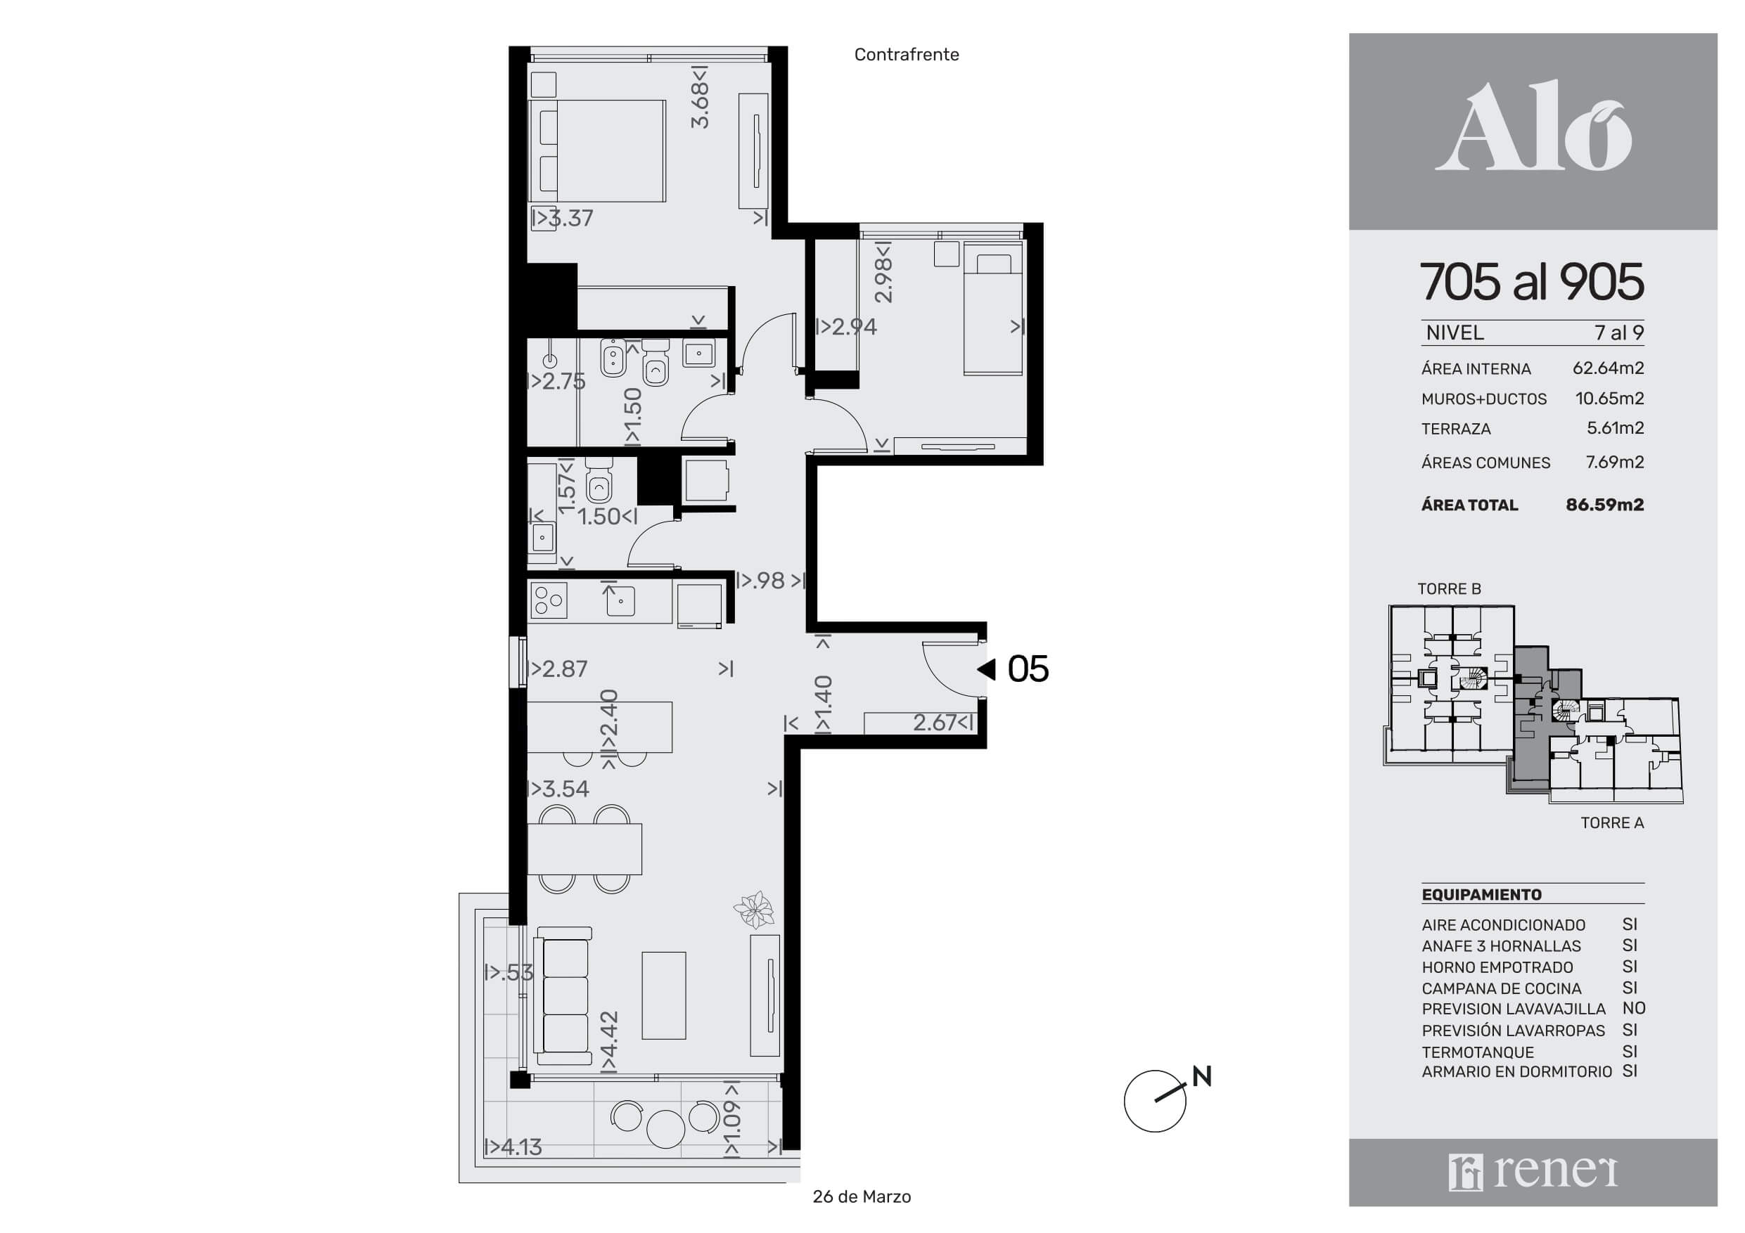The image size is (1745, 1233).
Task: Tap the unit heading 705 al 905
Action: [1531, 282]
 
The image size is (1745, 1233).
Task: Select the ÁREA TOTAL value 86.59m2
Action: [1604, 505]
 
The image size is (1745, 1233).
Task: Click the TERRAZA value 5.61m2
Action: [1615, 427]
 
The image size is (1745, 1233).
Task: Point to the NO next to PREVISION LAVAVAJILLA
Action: [1634, 1008]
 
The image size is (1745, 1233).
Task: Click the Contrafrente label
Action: [907, 55]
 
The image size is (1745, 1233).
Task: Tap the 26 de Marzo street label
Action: [862, 1196]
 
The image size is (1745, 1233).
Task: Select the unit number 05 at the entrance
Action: [1028, 669]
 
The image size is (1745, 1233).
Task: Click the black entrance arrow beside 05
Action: [987, 669]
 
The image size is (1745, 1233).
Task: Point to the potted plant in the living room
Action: [754, 910]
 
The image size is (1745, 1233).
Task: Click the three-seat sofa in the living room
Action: [563, 995]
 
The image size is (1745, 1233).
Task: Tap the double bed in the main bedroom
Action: [597, 150]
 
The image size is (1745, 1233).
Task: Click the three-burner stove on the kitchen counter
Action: [549, 600]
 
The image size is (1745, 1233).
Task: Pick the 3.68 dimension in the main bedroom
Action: [700, 97]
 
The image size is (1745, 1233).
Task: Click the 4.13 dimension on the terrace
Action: [513, 1147]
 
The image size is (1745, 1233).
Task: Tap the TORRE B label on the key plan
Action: [1450, 589]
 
